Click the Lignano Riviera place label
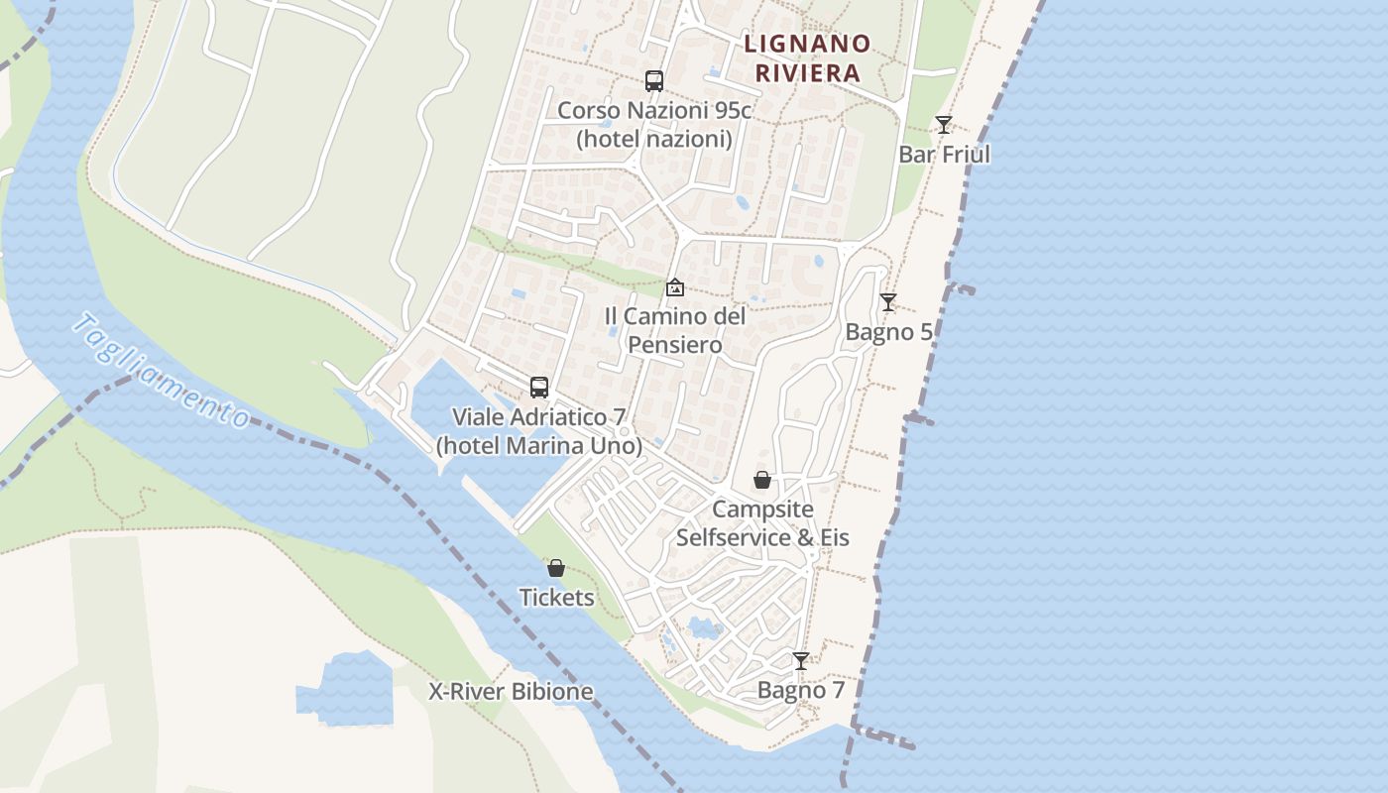[x=807, y=57]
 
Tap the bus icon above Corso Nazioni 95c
[x=653, y=81]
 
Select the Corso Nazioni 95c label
[x=654, y=124]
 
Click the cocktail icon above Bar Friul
[x=943, y=125]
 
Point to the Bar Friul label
[x=944, y=155]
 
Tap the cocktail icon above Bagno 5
[x=888, y=302]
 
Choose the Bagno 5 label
[x=888, y=332]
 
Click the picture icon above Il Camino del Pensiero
[x=675, y=287]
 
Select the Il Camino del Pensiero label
[x=675, y=330]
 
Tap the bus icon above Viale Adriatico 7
[x=539, y=388]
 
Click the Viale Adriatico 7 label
[x=539, y=431]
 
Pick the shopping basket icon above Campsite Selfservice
[x=762, y=480]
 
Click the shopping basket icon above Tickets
[x=556, y=568]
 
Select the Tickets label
[x=557, y=598]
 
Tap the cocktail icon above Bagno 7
[x=800, y=660]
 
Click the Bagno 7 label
[x=801, y=690]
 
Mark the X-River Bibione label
[x=511, y=692]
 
